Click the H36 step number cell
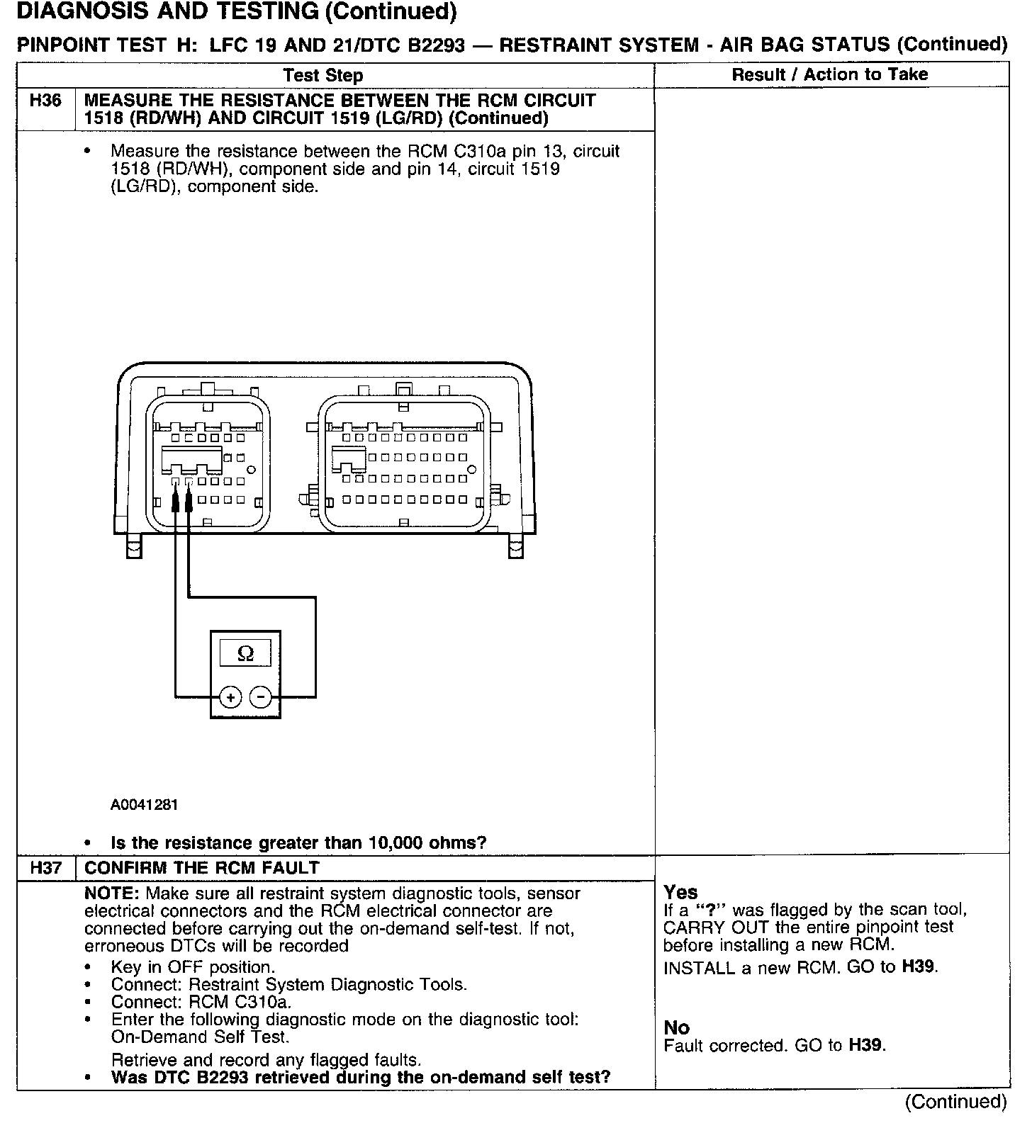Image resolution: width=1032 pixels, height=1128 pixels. pyautogui.click(x=45, y=101)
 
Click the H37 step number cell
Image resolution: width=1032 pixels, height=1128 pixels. pyautogui.click(x=45, y=868)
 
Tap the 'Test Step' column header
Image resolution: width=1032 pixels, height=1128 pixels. pyautogui.click(x=322, y=75)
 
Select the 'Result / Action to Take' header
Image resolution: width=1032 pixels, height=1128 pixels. pyautogui.click(x=829, y=74)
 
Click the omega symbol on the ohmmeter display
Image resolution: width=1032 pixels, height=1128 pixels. pyautogui.click(x=245, y=653)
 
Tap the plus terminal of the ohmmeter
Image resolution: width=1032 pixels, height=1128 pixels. pyautogui.click(x=230, y=697)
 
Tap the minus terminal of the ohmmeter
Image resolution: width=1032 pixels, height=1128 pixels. pyautogui.click(x=261, y=697)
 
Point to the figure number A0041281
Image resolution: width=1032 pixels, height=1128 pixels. pyautogui.click(x=145, y=805)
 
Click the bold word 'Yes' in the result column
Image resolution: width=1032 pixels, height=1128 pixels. pyautogui.click(x=680, y=892)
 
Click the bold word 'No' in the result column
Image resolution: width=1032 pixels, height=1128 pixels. pyautogui.click(x=676, y=1027)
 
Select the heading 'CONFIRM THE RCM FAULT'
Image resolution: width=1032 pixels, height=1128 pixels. pyautogui.click(x=202, y=868)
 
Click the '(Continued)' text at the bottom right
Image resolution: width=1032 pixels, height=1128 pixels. pyautogui.click(x=955, y=1102)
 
